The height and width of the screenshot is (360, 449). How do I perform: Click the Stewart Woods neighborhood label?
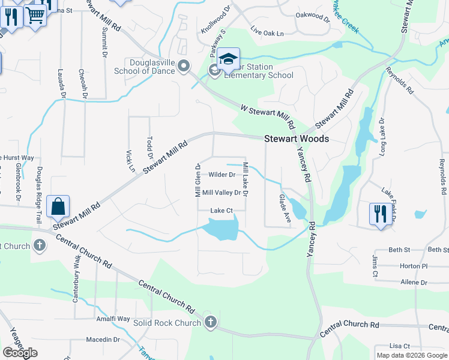[x=297, y=139]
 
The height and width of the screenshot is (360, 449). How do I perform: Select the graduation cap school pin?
[x=228, y=59]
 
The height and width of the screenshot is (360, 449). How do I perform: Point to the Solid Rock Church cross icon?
[x=210, y=322]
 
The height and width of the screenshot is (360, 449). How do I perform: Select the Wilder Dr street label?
[x=221, y=175]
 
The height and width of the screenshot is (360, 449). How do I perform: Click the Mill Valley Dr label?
[x=221, y=193]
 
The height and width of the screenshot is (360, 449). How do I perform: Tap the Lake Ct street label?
[x=221, y=211]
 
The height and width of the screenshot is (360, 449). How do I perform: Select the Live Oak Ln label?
[x=267, y=33]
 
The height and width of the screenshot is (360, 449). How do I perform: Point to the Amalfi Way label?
[x=113, y=319]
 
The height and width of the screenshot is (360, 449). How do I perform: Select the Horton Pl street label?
[x=412, y=265]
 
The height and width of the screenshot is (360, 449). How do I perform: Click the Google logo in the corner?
[x=20, y=352]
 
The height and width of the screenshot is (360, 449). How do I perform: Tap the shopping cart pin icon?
[x=35, y=15]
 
